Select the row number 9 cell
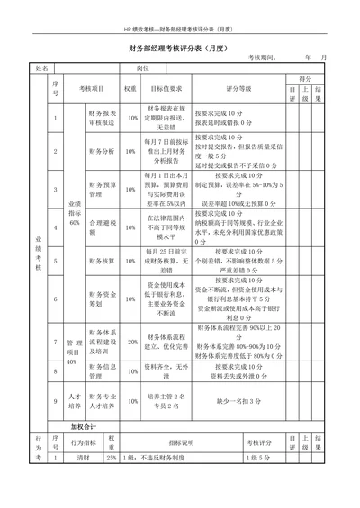pyautogui.click(x=55, y=401)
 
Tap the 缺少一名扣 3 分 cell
pyautogui.click(x=238, y=401)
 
